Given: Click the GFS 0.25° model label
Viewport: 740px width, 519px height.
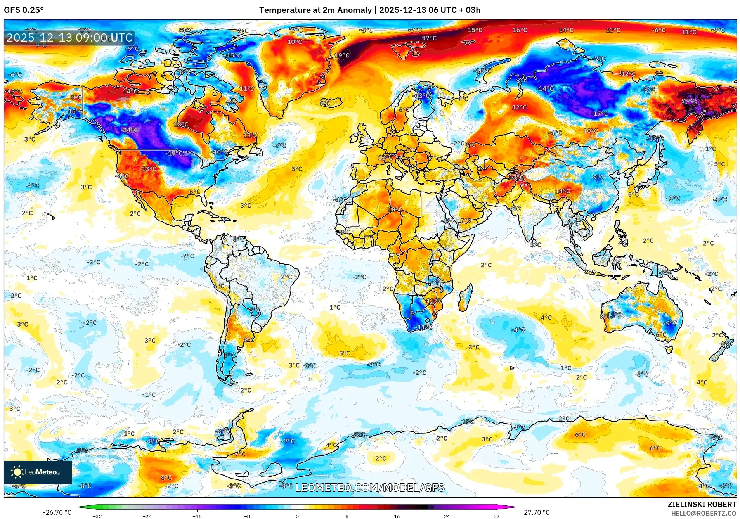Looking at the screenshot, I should click(24, 10).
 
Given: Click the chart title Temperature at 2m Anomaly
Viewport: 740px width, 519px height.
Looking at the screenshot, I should click(315, 10).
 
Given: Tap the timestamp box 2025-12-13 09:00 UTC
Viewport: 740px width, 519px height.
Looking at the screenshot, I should click(69, 38).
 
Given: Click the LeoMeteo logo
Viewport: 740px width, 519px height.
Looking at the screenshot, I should click(38, 472).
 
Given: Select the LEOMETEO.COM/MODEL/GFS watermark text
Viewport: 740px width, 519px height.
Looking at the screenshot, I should click(370, 488).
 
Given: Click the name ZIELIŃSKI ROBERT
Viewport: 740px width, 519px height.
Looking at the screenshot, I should click(702, 504).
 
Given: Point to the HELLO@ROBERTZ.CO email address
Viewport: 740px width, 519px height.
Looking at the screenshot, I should click(703, 513).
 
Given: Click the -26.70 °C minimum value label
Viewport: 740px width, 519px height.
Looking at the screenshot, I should click(57, 512).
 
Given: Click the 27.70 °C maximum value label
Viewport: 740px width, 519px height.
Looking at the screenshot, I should click(537, 512).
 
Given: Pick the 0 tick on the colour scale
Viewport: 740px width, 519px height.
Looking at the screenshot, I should click(297, 516).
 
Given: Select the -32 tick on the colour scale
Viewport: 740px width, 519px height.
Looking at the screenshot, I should click(97, 516).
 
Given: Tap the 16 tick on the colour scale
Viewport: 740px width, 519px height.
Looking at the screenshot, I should click(397, 516).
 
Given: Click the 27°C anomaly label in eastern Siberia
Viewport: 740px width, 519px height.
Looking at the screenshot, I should click(689, 102).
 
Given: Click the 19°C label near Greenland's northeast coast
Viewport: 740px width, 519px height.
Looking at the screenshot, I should click(342, 55).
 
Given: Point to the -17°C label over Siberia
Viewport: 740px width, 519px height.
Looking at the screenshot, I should click(599, 114).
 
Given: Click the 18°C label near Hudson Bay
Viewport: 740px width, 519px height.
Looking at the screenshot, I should click(181, 125).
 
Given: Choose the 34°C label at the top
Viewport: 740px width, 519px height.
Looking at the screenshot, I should click(185, 30).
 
